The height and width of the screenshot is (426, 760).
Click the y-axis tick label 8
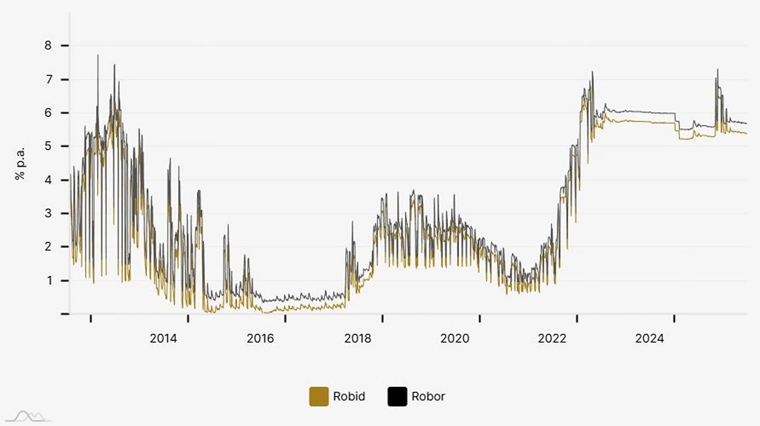(48, 46)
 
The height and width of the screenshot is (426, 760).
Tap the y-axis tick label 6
(48, 113)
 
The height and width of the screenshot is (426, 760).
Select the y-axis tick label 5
(48, 146)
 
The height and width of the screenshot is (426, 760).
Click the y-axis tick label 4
(48, 180)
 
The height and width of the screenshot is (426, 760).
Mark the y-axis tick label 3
(48, 213)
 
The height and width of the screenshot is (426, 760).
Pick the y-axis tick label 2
(48, 247)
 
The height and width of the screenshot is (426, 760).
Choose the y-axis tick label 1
(49, 281)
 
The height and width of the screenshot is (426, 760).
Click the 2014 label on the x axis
(163, 338)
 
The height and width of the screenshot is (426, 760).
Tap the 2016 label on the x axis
(260, 338)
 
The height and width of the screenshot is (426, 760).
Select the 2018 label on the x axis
(358, 338)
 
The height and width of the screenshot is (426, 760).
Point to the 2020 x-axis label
(455, 338)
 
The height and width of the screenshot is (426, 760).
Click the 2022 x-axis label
(552, 338)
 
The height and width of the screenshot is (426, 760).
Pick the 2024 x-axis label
(649, 338)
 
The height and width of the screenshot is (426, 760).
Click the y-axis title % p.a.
(20, 163)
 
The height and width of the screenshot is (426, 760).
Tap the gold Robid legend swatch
(319, 396)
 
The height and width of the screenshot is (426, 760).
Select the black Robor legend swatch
(397, 396)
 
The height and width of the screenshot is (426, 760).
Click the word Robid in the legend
(349, 396)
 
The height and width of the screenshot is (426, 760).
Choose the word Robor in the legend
(428, 396)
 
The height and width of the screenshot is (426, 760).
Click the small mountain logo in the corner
(28, 416)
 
